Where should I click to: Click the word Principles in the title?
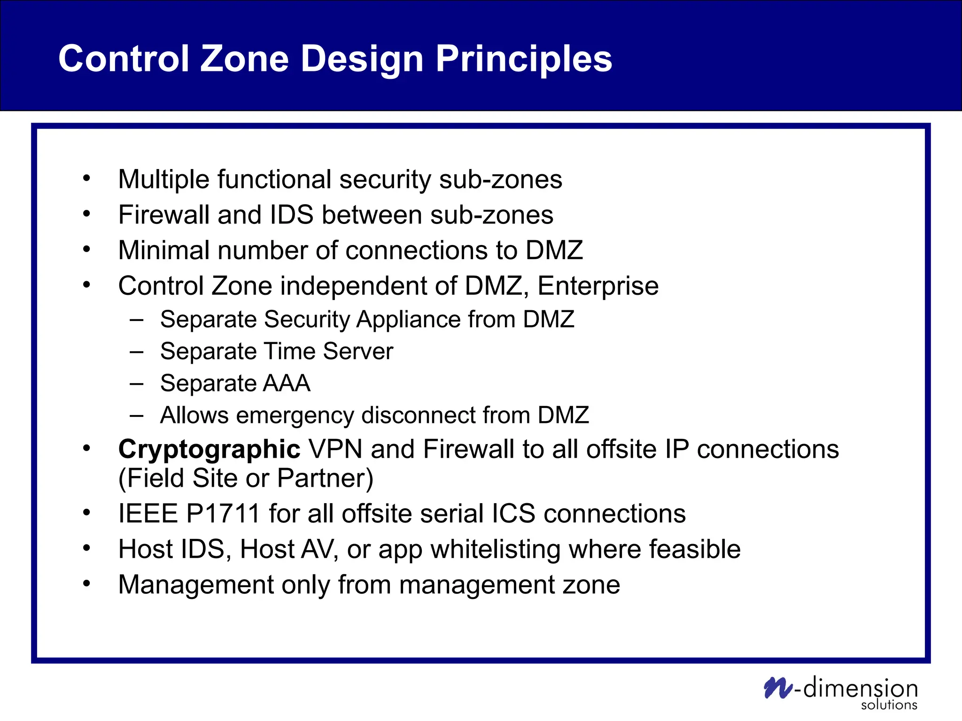point(524,59)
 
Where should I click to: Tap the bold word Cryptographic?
point(209,449)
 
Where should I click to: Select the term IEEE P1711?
point(189,513)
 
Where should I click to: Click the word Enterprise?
point(598,286)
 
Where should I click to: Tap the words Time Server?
point(328,351)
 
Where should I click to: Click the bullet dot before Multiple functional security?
point(86,178)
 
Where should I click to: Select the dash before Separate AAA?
point(136,384)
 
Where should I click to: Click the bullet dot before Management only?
point(86,583)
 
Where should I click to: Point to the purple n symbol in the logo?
point(778,688)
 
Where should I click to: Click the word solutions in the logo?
point(889,705)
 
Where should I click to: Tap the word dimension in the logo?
point(860,688)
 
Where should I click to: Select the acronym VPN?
point(335,449)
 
